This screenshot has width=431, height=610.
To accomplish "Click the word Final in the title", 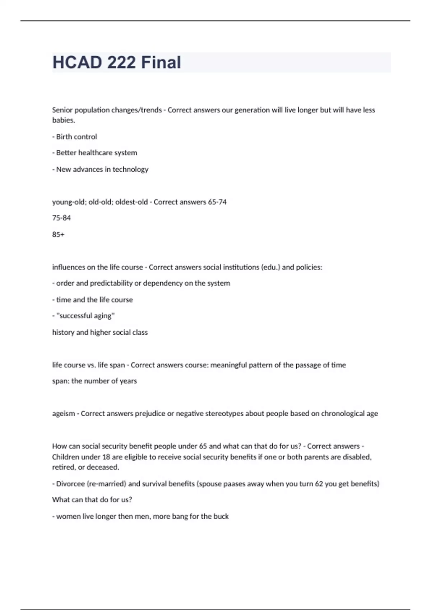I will coord(161,62).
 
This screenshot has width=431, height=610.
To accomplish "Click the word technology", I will coord(130,169).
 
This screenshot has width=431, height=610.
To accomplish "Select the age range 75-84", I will coord(61,218).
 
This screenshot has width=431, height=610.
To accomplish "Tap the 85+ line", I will coord(58,235).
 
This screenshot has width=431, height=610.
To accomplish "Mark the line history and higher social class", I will coord(100,332).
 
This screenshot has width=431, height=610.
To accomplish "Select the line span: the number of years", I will coord(94,381).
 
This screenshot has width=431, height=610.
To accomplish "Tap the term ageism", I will coord(63,414).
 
